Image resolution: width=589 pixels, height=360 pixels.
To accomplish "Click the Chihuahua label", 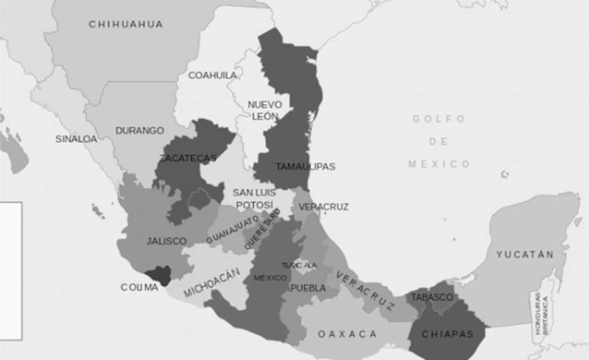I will [126, 24].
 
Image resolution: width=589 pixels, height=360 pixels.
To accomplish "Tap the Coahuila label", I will [212, 75].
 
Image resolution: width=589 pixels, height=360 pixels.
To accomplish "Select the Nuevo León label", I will [265, 110].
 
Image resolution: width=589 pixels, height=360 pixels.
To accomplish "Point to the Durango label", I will [140, 130].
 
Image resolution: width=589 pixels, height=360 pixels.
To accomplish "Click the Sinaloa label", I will [76, 139].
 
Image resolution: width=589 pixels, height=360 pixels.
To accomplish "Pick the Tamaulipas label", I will [305, 167].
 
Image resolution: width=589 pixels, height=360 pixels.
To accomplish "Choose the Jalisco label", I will [166, 241].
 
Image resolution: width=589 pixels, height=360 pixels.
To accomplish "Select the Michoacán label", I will [210, 284].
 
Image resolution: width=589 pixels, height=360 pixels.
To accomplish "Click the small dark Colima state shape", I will [158, 277].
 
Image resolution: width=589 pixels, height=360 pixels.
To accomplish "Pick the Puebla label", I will [308, 289].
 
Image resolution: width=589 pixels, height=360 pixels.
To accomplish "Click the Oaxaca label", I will [347, 334].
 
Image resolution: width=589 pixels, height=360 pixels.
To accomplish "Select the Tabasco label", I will [432, 297].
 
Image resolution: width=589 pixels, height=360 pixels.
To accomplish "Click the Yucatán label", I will [525, 254].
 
